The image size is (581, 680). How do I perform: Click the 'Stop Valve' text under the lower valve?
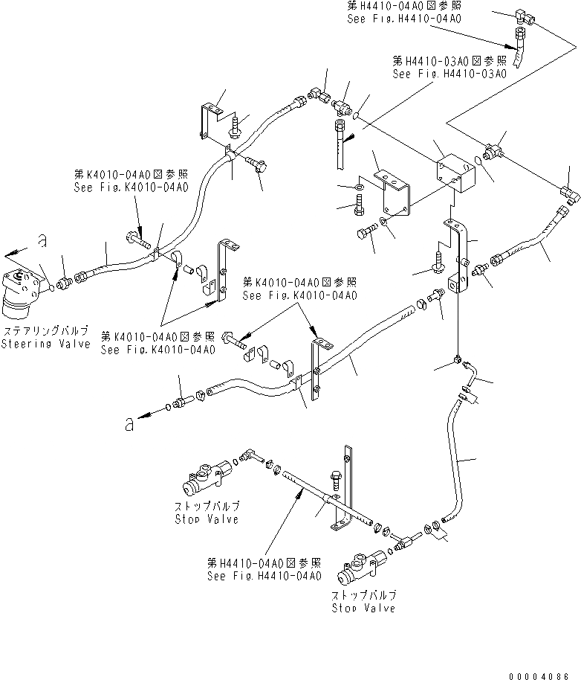click(x=363, y=608)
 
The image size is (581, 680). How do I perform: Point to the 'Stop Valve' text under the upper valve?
click(x=206, y=519)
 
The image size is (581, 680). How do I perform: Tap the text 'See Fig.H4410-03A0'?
click(x=449, y=74)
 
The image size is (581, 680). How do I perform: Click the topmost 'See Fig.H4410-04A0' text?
click(x=403, y=18)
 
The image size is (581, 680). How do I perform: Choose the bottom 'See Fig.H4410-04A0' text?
click(x=264, y=576)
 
